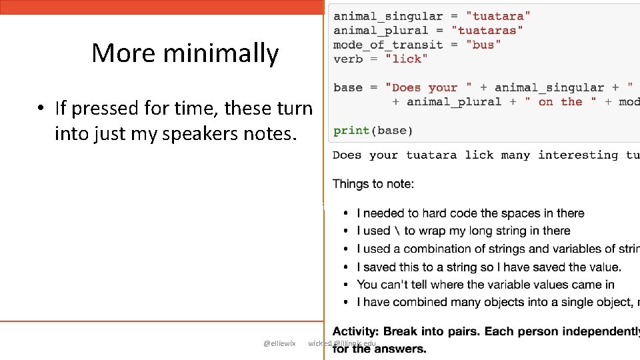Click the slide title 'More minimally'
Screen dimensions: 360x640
[x=185, y=53]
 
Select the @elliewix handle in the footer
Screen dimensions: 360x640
[x=279, y=343]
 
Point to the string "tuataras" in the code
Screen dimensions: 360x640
[x=487, y=31]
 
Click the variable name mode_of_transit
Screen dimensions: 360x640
[x=388, y=45]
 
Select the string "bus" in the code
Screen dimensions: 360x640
[x=483, y=45]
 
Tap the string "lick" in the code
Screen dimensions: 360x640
[x=407, y=59]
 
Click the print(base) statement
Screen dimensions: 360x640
[x=373, y=131]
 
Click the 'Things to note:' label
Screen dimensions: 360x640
[x=373, y=184]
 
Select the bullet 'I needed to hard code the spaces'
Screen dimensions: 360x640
[x=471, y=213]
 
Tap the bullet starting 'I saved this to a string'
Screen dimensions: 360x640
[x=489, y=267]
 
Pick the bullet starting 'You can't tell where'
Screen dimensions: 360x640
[x=485, y=285]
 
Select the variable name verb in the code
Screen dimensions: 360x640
[x=348, y=59]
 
